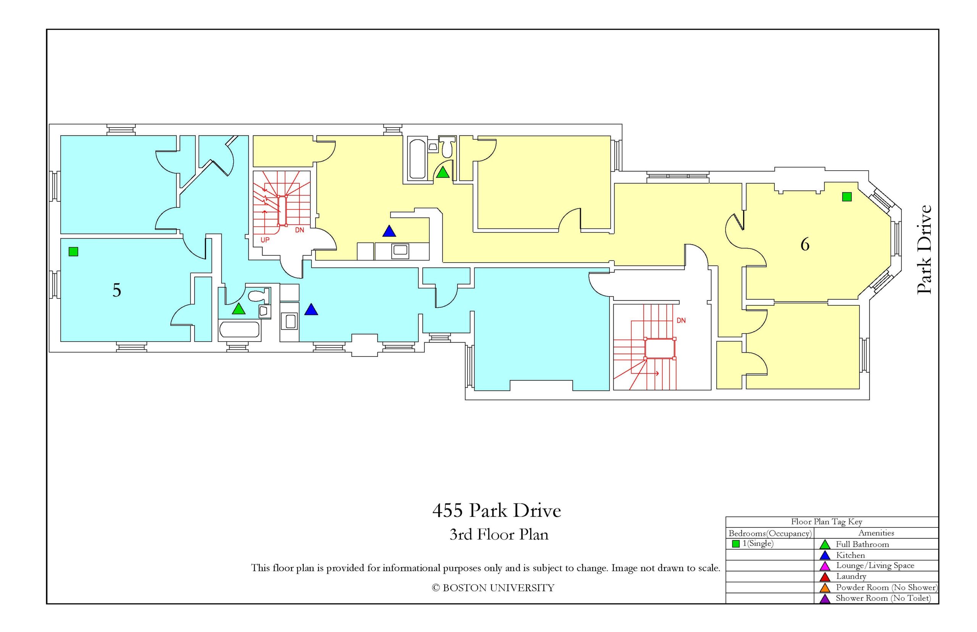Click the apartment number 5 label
point(116,290)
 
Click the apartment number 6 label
point(804,245)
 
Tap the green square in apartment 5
point(73,251)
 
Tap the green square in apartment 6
point(846,197)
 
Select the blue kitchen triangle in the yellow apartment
point(389,231)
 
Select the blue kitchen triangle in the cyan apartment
point(311,310)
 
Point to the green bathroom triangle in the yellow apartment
point(442,173)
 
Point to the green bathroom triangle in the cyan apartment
point(239,309)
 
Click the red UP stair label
point(265,240)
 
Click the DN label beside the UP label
point(300,230)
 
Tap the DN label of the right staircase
point(681,321)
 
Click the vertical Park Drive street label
point(924,250)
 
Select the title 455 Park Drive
point(497,511)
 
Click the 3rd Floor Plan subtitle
point(499,535)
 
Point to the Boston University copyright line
point(493,588)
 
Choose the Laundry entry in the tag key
point(851,577)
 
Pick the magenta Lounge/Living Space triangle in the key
point(825,566)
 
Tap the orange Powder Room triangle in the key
point(825,588)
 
